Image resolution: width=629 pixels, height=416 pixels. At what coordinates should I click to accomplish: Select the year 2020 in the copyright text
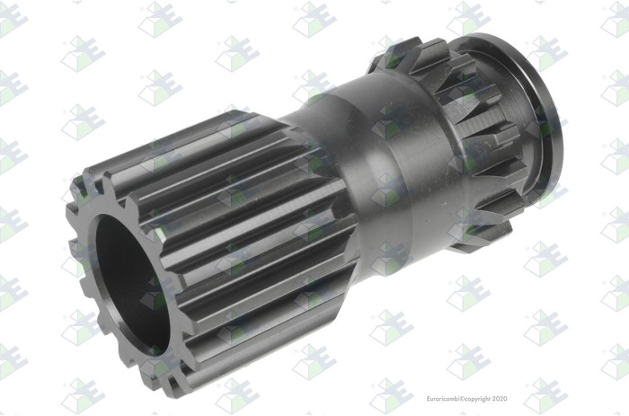[500, 399]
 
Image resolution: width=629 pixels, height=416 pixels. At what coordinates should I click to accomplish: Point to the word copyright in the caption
[477, 399]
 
